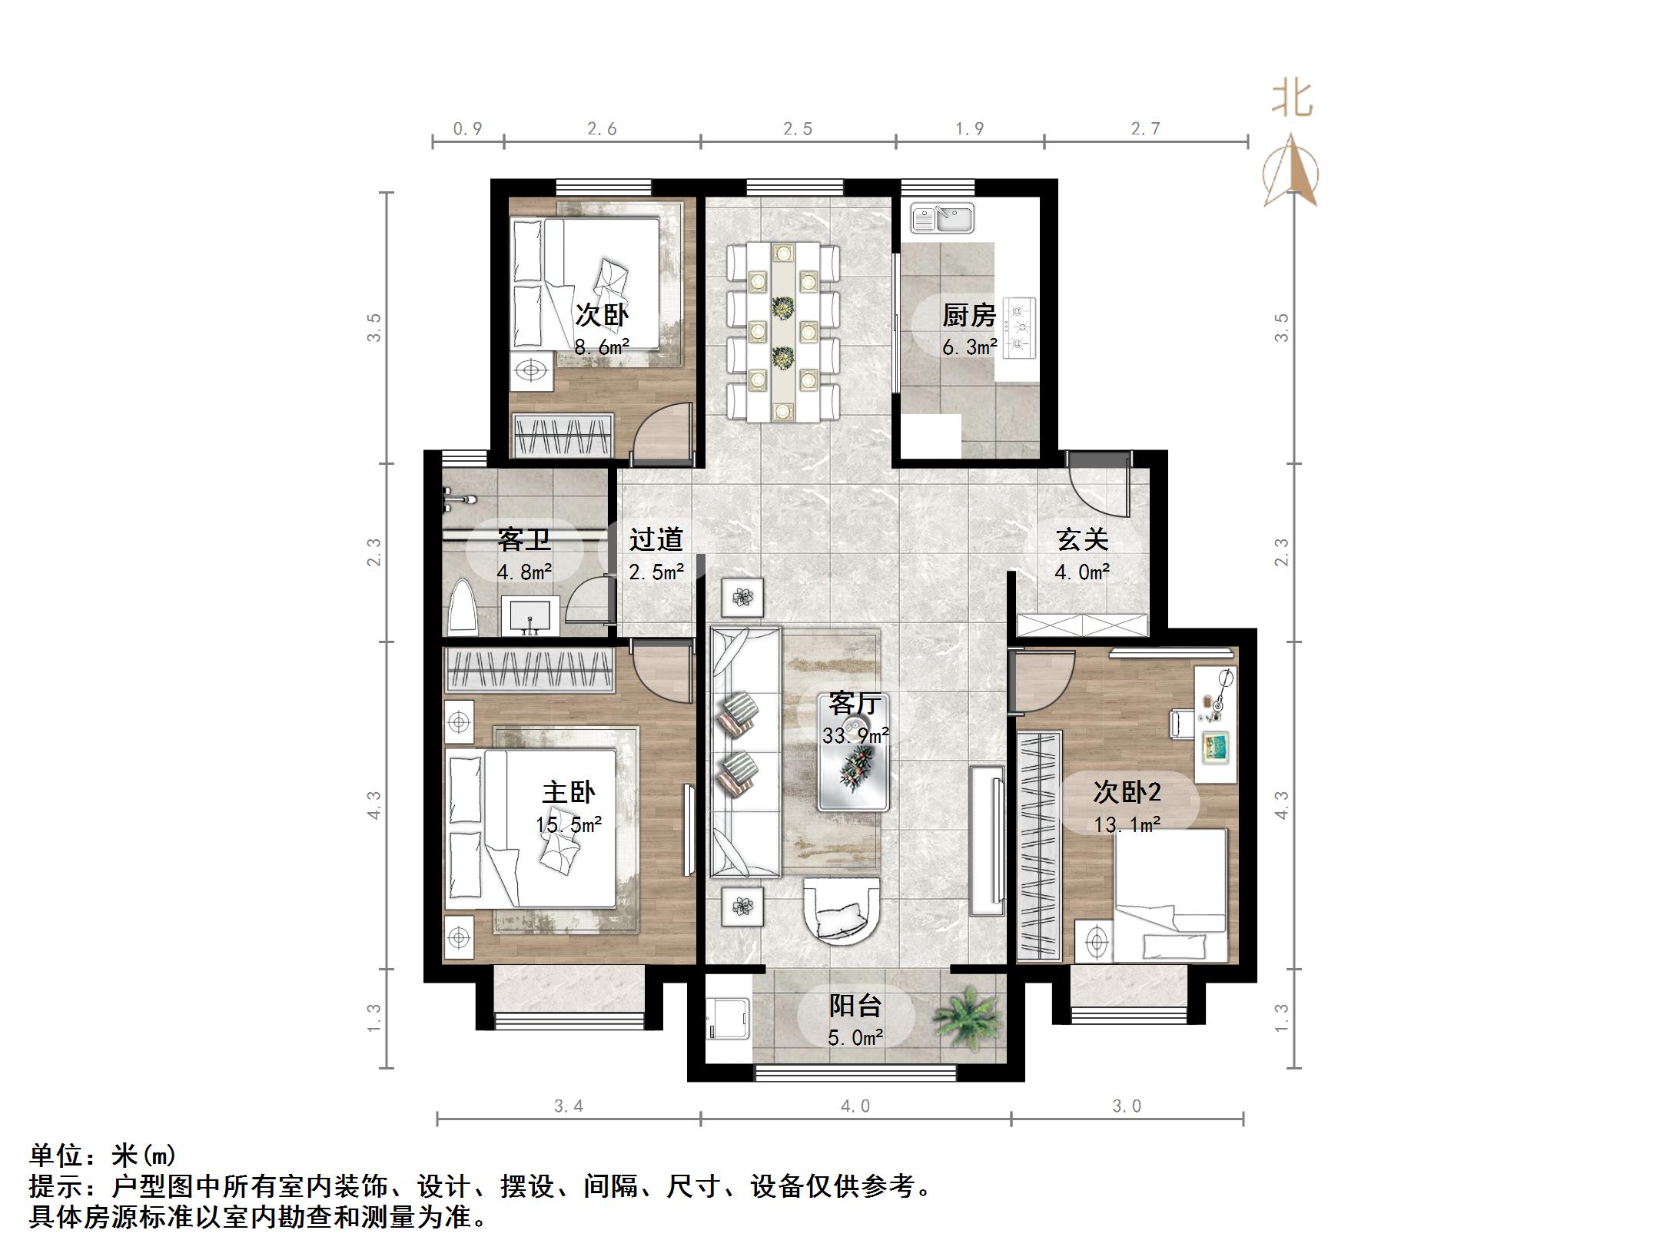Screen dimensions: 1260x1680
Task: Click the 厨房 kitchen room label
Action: pyautogui.click(x=968, y=315)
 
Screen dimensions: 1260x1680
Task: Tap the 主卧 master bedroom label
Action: pyautogui.click(x=569, y=792)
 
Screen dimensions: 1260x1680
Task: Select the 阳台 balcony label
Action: pyautogui.click(x=855, y=1006)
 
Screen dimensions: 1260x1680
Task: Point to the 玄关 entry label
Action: pyautogui.click(x=1082, y=539)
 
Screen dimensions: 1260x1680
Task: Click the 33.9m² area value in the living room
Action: pyautogui.click(x=855, y=735)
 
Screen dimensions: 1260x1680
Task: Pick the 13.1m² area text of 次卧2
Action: pyautogui.click(x=1127, y=825)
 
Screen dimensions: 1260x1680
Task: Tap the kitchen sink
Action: pyautogui.click(x=942, y=218)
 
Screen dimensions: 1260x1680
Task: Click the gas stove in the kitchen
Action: pyautogui.click(x=1020, y=330)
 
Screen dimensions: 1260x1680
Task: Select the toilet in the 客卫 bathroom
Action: pyautogui.click(x=463, y=608)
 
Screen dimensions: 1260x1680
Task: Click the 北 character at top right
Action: pyautogui.click(x=1291, y=99)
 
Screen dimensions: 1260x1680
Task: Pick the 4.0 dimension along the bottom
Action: pyautogui.click(x=855, y=1106)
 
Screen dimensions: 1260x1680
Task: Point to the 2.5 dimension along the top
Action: pyautogui.click(x=798, y=129)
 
